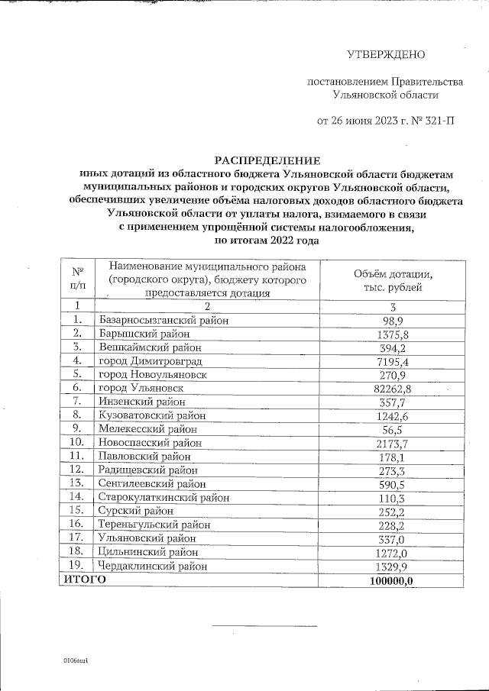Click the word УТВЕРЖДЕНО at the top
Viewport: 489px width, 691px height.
click(386, 54)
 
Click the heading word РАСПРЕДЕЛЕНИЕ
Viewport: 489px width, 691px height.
click(267, 160)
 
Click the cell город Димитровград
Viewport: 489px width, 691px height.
click(147, 360)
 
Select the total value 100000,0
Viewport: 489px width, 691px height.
click(393, 580)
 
